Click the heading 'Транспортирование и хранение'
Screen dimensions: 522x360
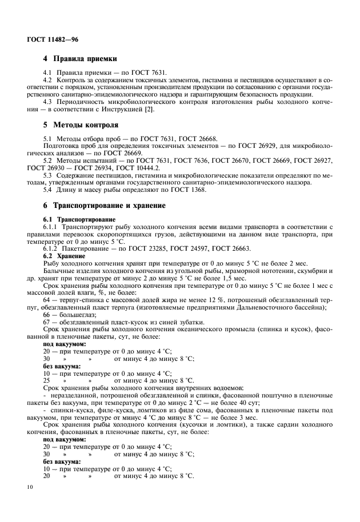click(109, 205)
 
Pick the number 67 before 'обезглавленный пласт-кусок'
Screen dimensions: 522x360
click(47, 322)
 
